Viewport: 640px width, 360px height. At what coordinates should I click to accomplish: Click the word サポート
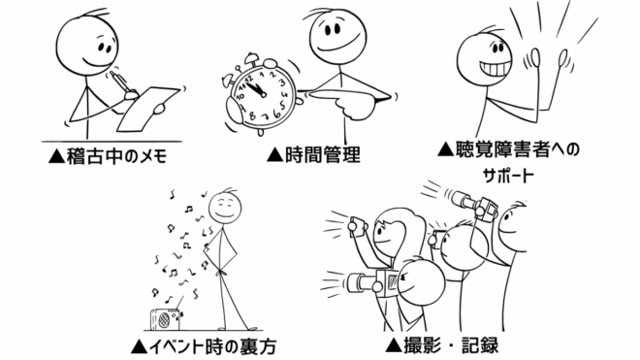coord(508,176)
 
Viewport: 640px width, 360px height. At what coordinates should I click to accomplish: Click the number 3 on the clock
coord(281,82)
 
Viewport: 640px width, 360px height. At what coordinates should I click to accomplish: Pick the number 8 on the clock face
coord(253,115)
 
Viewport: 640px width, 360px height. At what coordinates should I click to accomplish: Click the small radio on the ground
coord(165,319)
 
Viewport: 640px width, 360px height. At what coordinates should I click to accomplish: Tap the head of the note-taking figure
coord(87,44)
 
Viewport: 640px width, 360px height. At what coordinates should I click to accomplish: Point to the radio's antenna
coord(180,304)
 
